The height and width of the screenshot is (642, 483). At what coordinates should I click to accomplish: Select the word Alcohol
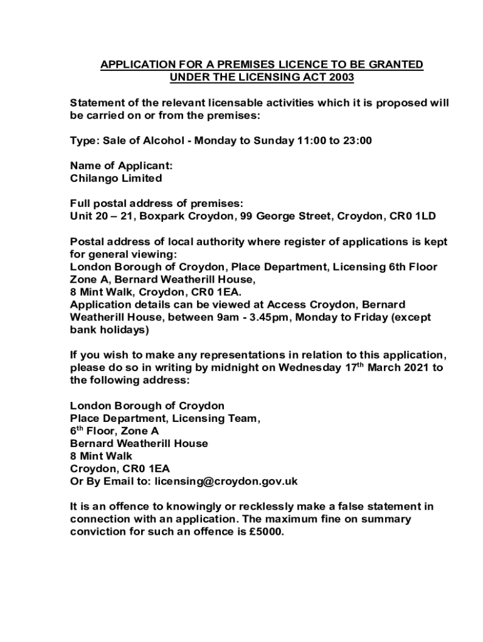click(x=162, y=140)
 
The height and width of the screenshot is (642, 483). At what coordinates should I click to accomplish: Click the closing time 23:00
click(x=357, y=140)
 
